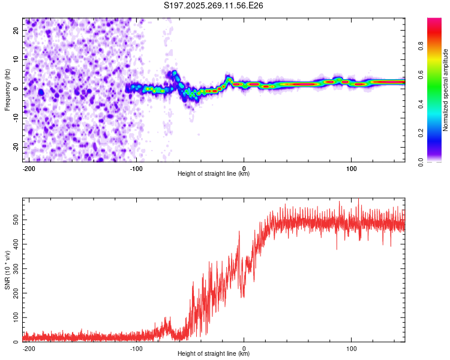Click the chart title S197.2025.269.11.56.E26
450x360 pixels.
coord(214,5)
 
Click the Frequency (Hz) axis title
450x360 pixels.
coord(7,90)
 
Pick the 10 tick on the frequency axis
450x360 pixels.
coord(16,59)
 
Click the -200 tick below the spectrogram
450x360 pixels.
coord(29,167)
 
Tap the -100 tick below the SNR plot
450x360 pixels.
coord(136,347)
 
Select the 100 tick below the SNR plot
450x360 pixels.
coord(351,347)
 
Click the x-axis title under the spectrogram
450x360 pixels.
coord(214,174)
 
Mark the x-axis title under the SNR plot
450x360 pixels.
coord(214,354)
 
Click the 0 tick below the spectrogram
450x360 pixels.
coord(244,167)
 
